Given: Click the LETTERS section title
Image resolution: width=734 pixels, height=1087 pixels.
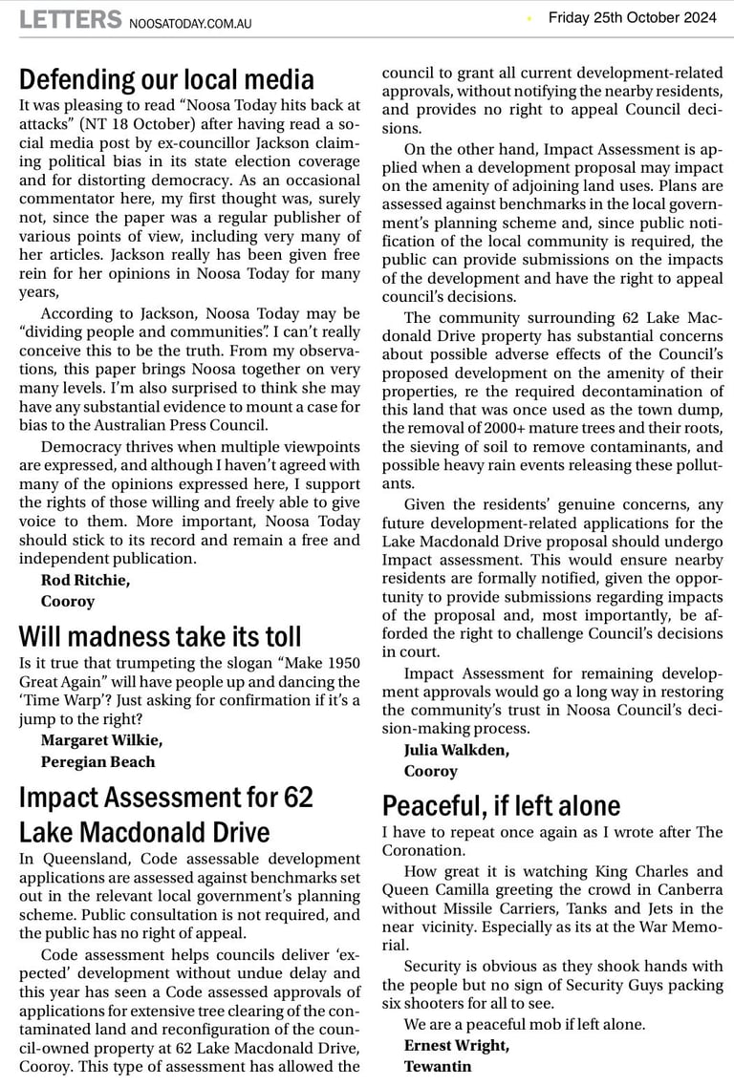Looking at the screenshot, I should (70, 19).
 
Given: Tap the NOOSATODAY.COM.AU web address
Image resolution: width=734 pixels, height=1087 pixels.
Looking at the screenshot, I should (190, 23).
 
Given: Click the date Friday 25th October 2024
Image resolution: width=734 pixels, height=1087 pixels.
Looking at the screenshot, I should (632, 17).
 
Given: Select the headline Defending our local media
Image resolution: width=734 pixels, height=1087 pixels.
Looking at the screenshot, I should (166, 78).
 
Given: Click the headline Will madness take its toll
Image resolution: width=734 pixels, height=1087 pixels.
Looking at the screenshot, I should (160, 636).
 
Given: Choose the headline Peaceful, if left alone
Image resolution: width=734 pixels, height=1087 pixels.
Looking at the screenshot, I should (501, 806).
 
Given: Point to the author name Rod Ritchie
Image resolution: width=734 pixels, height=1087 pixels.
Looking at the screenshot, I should (85, 580).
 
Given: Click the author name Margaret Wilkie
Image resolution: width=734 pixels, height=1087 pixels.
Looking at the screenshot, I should (101, 740).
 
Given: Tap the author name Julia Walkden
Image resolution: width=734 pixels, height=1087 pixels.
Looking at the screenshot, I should (456, 750).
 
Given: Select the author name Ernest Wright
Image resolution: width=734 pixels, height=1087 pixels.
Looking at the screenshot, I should (456, 1046).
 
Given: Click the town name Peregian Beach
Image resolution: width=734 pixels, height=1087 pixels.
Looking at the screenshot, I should (97, 762).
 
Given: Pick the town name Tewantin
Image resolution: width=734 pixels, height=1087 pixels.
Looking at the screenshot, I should (438, 1066).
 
